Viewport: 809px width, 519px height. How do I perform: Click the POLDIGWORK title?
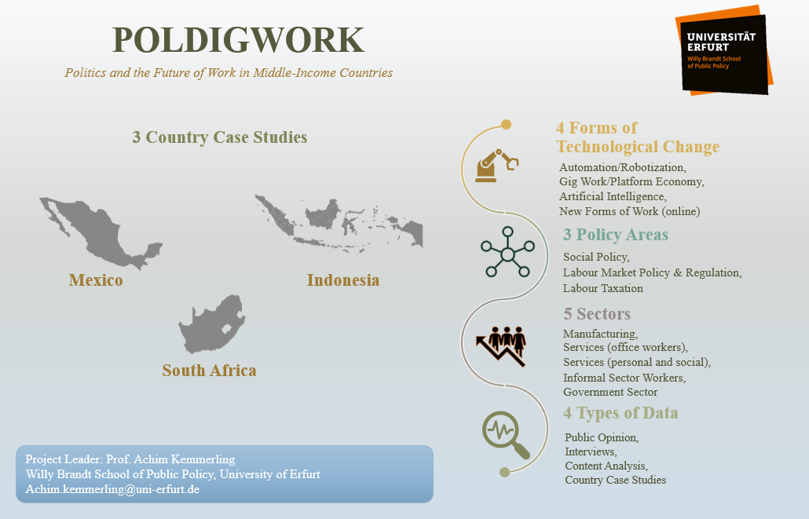(x=238, y=40)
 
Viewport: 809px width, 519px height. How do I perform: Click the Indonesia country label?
(x=343, y=280)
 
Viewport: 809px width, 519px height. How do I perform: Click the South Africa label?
(x=209, y=371)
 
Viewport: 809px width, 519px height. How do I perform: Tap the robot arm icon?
(x=496, y=164)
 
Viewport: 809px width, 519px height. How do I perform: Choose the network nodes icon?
(x=507, y=253)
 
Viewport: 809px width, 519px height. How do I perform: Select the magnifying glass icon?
(x=506, y=434)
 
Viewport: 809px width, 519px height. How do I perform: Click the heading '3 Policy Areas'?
(x=615, y=235)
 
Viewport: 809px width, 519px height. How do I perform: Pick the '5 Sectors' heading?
(x=596, y=314)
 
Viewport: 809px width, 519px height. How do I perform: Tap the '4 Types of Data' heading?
(x=620, y=413)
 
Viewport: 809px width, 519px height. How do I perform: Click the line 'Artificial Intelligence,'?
(x=613, y=196)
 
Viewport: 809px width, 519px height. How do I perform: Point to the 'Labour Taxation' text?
(x=602, y=288)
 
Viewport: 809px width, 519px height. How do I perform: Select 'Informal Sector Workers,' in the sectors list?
(x=624, y=378)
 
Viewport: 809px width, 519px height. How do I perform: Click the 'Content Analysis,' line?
(x=606, y=466)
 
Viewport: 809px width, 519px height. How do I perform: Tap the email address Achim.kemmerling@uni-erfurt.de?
(x=112, y=488)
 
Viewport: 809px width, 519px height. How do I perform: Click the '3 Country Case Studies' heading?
(x=219, y=137)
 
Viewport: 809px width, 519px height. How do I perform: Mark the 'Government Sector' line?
(x=610, y=392)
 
